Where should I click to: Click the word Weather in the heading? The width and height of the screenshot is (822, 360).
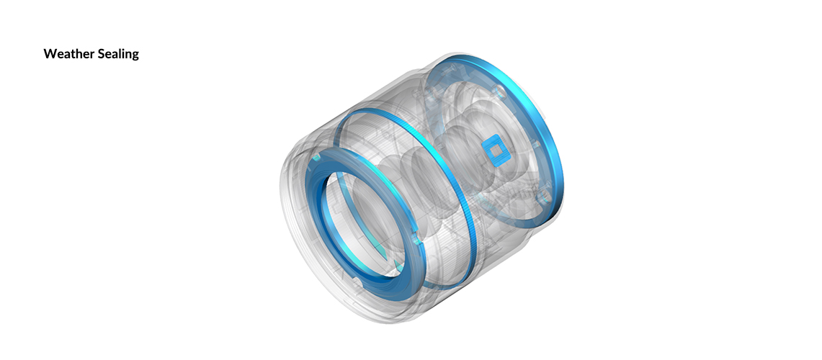click(x=66, y=54)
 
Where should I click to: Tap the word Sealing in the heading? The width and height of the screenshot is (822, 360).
click(x=116, y=55)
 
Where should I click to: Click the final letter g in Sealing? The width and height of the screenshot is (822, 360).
click(x=135, y=56)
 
